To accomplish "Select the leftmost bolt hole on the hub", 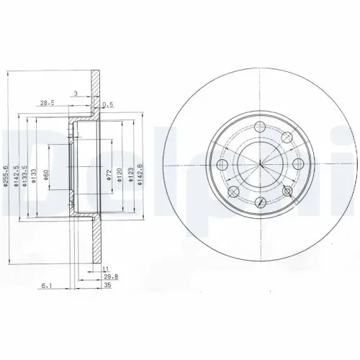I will click(x=222, y=166).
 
